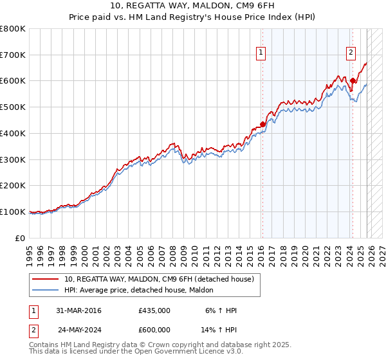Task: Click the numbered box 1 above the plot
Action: click(262, 53)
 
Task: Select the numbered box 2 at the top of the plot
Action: click(351, 53)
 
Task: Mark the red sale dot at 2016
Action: click(262, 124)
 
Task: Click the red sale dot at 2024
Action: click(353, 81)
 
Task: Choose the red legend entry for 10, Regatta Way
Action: click(159, 279)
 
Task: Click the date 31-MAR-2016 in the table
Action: click(79, 310)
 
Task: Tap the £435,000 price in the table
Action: click(154, 310)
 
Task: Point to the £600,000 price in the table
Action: click(154, 329)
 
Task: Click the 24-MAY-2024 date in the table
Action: click(79, 329)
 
